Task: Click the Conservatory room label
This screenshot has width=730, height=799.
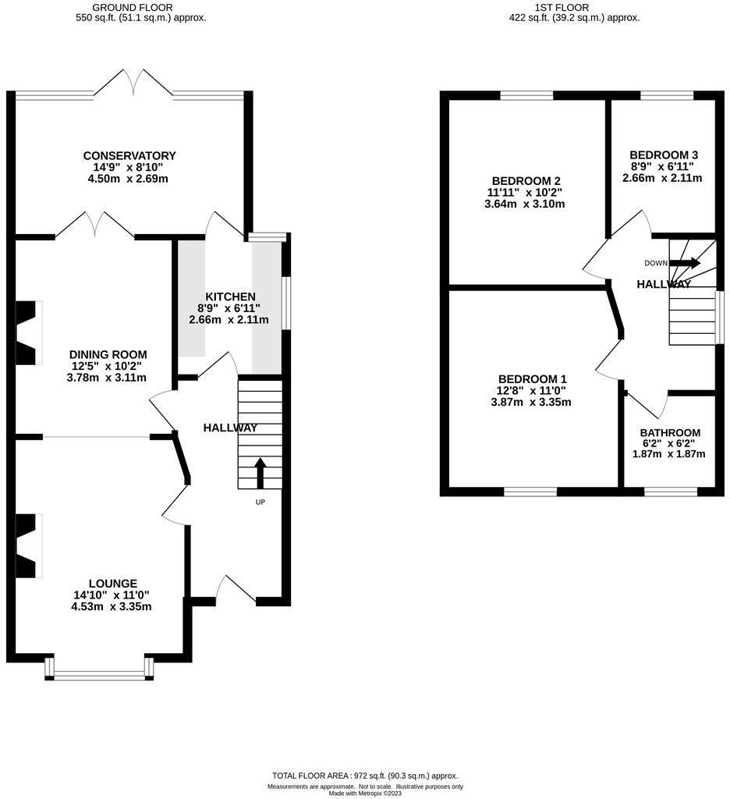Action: click(129, 155)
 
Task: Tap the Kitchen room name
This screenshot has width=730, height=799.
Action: click(230, 297)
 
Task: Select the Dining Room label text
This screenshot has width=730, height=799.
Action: click(108, 354)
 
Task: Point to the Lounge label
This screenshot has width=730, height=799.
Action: click(112, 584)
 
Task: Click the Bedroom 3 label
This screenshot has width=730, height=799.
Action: click(664, 155)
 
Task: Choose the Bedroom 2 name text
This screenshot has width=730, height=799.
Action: click(526, 181)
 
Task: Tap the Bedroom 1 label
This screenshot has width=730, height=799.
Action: click(533, 379)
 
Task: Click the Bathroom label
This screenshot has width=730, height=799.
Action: click(670, 432)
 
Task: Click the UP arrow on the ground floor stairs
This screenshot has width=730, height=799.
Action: click(260, 473)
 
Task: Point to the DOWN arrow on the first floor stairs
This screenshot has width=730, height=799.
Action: click(686, 263)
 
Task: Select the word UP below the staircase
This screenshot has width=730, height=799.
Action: click(260, 502)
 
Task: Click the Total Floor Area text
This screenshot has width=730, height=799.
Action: click(365, 776)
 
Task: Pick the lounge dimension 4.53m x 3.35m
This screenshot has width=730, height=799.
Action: click(112, 606)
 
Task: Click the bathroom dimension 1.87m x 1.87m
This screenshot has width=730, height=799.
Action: click(669, 453)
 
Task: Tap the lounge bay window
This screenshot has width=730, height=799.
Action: click(99, 669)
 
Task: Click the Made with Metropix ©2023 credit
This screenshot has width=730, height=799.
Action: click(365, 794)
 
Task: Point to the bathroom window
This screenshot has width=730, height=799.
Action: click(671, 492)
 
